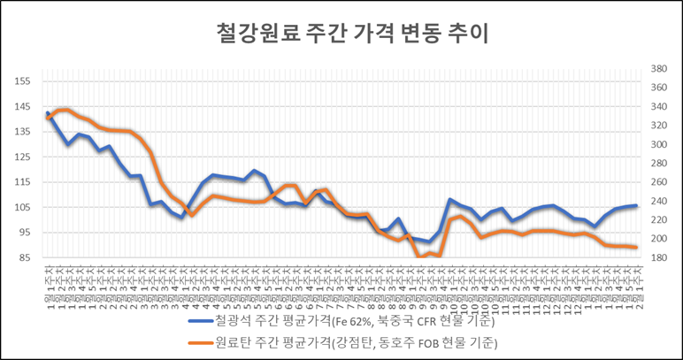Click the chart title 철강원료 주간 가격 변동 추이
(x=341, y=34)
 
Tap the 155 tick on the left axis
(x=23, y=80)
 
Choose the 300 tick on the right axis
(x=659, y=144)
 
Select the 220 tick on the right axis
(x=659, y=220)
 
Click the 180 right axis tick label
(x=659, y=258)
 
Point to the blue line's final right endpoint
(x=636, y=205)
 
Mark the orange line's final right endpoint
(x=636, y=247)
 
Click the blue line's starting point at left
(x=47, y=113)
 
